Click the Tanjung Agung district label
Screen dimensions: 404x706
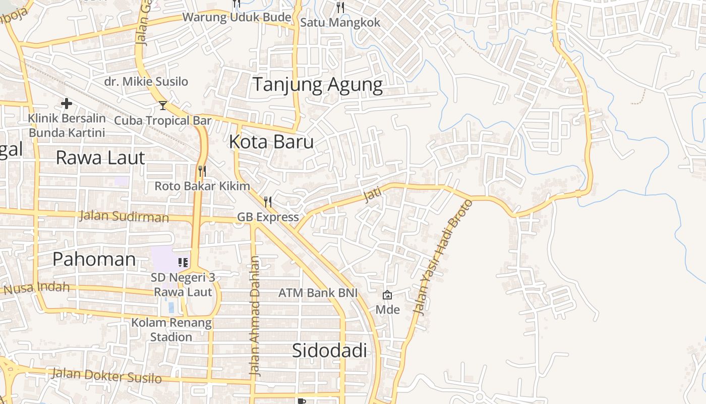(317, 84)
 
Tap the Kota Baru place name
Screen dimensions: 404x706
(271, 142)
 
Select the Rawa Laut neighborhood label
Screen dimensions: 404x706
(100, 158)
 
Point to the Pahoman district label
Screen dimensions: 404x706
(94, 259)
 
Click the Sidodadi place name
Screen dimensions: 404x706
(329, 350)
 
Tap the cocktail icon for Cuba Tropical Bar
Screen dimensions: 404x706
(162, 105)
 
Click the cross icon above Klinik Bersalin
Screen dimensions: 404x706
(66, 104)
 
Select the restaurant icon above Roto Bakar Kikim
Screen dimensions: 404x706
(202, 171)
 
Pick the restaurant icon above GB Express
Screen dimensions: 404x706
(268, 202)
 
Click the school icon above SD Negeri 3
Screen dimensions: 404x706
(183, 262)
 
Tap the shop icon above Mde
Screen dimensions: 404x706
(387, 295)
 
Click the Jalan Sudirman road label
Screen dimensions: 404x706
(124, 217)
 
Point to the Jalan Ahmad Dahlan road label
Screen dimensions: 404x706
(256, 316)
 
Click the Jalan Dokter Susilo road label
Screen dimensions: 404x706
(106, 376)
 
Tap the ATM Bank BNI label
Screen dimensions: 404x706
(318, 293)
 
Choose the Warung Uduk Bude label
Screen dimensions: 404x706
(237, 17)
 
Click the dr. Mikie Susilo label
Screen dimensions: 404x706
(146, 81)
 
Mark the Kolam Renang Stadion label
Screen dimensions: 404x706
(171, 329)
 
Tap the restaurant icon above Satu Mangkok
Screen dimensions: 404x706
(340, 7)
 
